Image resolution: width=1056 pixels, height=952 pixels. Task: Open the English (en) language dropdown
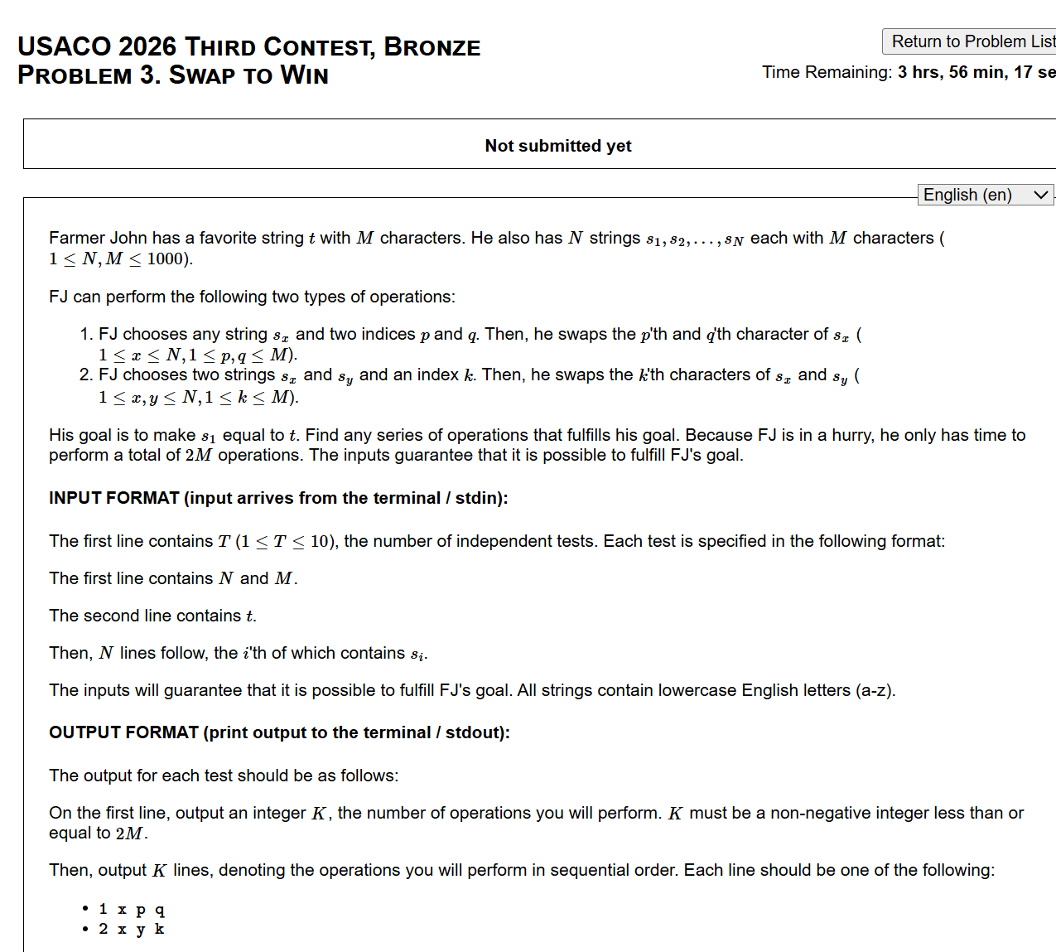(x=986, y=195)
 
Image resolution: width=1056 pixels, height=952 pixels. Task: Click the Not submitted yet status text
(x=557, y=146)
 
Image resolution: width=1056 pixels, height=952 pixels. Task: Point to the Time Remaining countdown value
(x=976, y=72)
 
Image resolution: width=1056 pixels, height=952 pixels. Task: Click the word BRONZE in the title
(x=432, y=47)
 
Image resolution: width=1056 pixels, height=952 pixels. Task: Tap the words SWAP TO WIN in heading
(x=248, y=75)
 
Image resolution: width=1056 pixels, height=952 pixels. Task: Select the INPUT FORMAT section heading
(x=278, y=498)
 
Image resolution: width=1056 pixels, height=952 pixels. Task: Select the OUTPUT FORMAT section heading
(x=279, y=732)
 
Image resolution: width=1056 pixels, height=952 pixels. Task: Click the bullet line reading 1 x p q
(x=132, y=909)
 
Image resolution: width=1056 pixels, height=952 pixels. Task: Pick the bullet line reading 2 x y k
(x=132, y=929)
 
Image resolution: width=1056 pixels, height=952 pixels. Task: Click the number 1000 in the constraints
(x=165, y=259)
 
